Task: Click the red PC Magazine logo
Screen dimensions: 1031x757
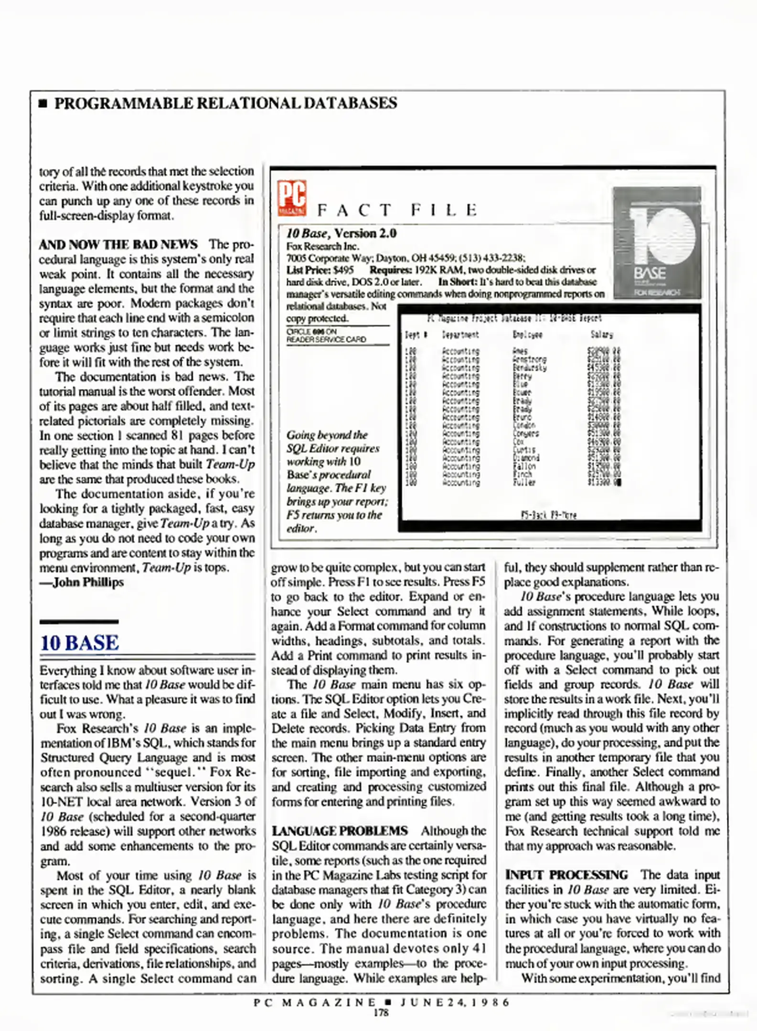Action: [x=292, y=198]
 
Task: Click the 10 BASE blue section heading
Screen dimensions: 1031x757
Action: [x=79, y=643]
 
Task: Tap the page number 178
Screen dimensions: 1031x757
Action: [x=381, y=1012]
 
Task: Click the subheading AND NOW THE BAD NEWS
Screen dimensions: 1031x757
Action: [x=118, y=244]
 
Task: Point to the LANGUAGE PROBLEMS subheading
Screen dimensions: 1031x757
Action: [x=340, y=831]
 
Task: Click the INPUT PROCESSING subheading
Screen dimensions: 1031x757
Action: [x=566, y=874]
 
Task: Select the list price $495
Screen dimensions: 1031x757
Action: [x=344, y=270]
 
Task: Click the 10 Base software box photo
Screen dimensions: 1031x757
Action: [x=657, y=242]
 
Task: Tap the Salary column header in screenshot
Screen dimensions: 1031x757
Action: [x=601, y=335]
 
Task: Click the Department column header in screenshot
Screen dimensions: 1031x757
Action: [x=460, y=335]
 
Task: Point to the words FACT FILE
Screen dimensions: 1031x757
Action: [x=397, y=210]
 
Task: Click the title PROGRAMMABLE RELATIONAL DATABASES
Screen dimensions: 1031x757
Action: [x=225, y=103]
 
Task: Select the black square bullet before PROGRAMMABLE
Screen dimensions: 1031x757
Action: [x=43, y=104]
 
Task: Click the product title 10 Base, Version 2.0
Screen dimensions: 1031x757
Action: [x=341, y=233]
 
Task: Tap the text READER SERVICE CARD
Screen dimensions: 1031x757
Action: [x=326, y=339]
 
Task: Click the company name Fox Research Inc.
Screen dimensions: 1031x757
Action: [x=322, y=246]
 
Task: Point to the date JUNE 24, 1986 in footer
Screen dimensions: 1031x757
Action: [x=455, y=1002]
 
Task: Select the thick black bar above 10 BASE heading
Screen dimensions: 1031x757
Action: [x=79, y=621]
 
